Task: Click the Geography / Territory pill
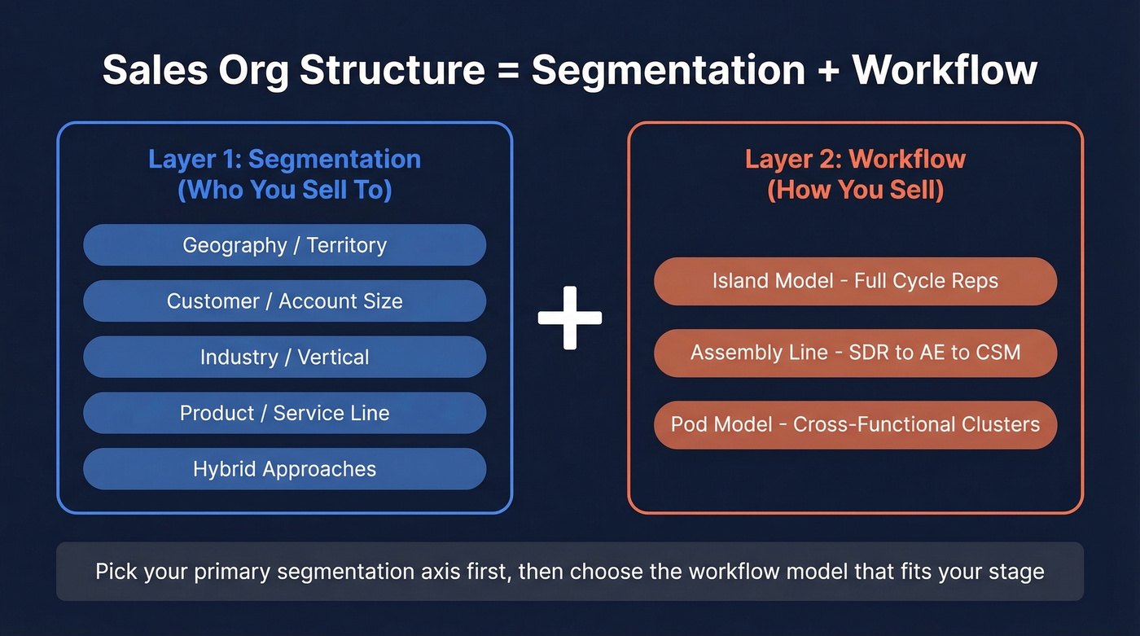[284, 245]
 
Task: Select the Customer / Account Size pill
[284, 301]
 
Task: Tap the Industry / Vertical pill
[284, 357]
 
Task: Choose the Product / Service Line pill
[284, 413]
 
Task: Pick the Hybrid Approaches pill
[284, 469]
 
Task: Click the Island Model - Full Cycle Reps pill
[855, 282]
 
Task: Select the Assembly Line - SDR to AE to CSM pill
[855, 353]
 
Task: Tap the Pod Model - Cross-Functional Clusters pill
[855, 424]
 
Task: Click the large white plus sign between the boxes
[570, 318]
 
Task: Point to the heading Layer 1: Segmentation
[284, 159]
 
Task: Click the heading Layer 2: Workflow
[855, 159]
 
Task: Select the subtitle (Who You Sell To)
[284, 190]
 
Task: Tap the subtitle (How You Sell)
[855, 190]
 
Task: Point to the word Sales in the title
[153, 71]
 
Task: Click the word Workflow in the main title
[945, 71]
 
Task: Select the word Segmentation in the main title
[669, 71]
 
